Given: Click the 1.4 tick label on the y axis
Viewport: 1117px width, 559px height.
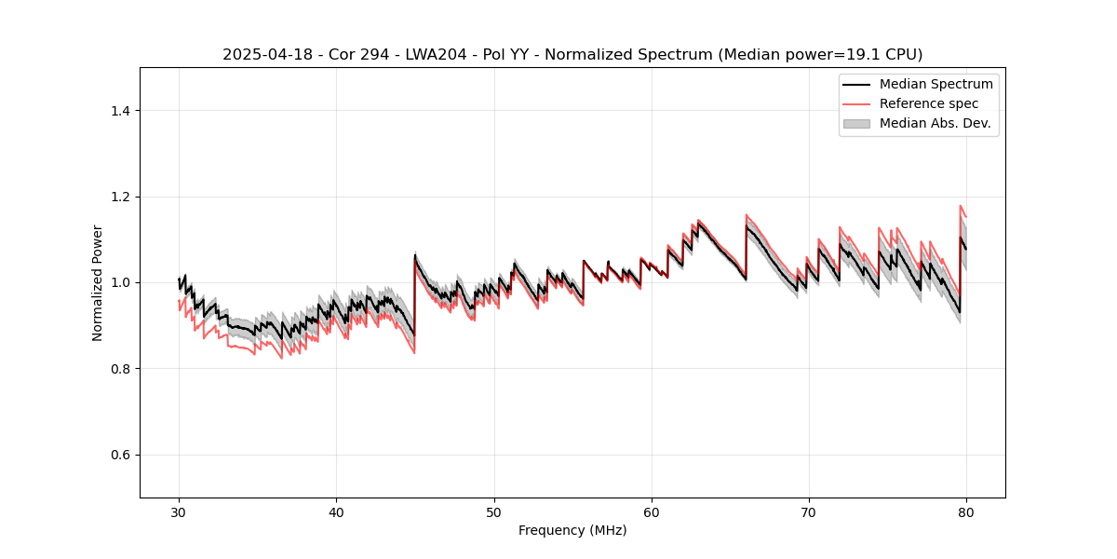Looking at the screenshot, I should point(119,111).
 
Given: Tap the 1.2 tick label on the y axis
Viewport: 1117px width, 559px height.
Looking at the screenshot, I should point(119,197).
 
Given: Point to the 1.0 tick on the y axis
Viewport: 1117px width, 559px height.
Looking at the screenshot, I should point(119,282).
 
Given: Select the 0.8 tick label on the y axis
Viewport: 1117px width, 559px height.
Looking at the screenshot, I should point(119,369).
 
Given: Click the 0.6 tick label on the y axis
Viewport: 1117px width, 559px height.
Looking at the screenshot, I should point(119,455).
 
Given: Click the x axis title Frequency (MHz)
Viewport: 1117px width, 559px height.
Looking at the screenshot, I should point(572,530).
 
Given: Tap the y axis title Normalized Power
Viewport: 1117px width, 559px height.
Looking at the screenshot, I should point(98,282).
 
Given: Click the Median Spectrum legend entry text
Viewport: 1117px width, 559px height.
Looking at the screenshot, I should point(935,84).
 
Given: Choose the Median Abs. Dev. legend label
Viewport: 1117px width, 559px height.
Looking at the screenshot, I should point(935,123).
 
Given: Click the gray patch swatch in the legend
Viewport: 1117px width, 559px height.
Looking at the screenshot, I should point(856,123).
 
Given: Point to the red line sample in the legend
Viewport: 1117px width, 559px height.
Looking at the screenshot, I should point(856,103).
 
